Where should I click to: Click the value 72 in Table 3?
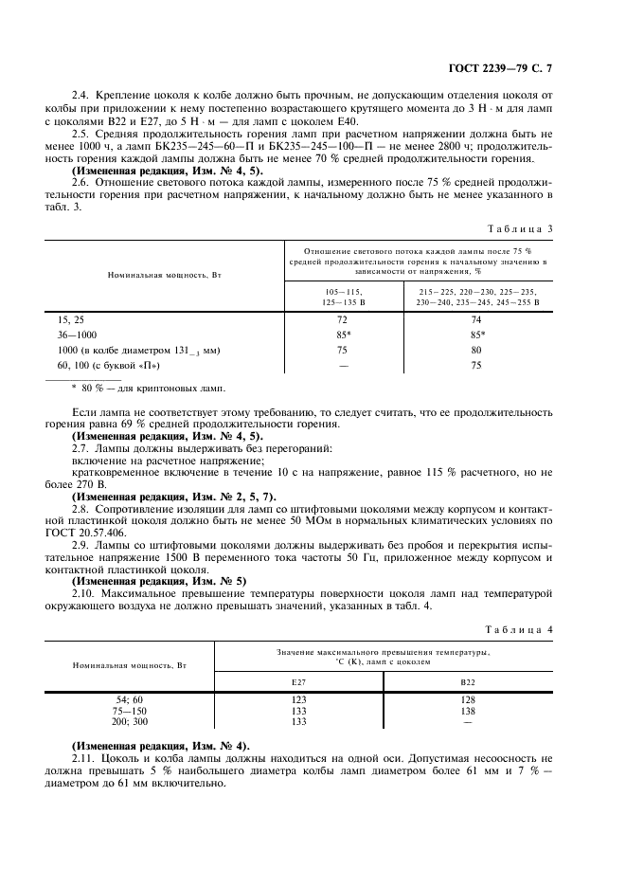(x=342, y=321)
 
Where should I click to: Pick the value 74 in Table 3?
(x=476, y=321)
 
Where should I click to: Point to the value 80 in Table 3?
(x=476, y=350)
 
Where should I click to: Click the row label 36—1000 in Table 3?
(x=78, y=335)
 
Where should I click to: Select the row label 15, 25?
(x=71, y=321)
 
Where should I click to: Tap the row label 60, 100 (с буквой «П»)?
(x=109, y=365)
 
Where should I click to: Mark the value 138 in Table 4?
(x=467, y=710)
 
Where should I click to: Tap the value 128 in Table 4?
(x=467, y=699)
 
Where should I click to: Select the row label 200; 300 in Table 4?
(x=129, y=720)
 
